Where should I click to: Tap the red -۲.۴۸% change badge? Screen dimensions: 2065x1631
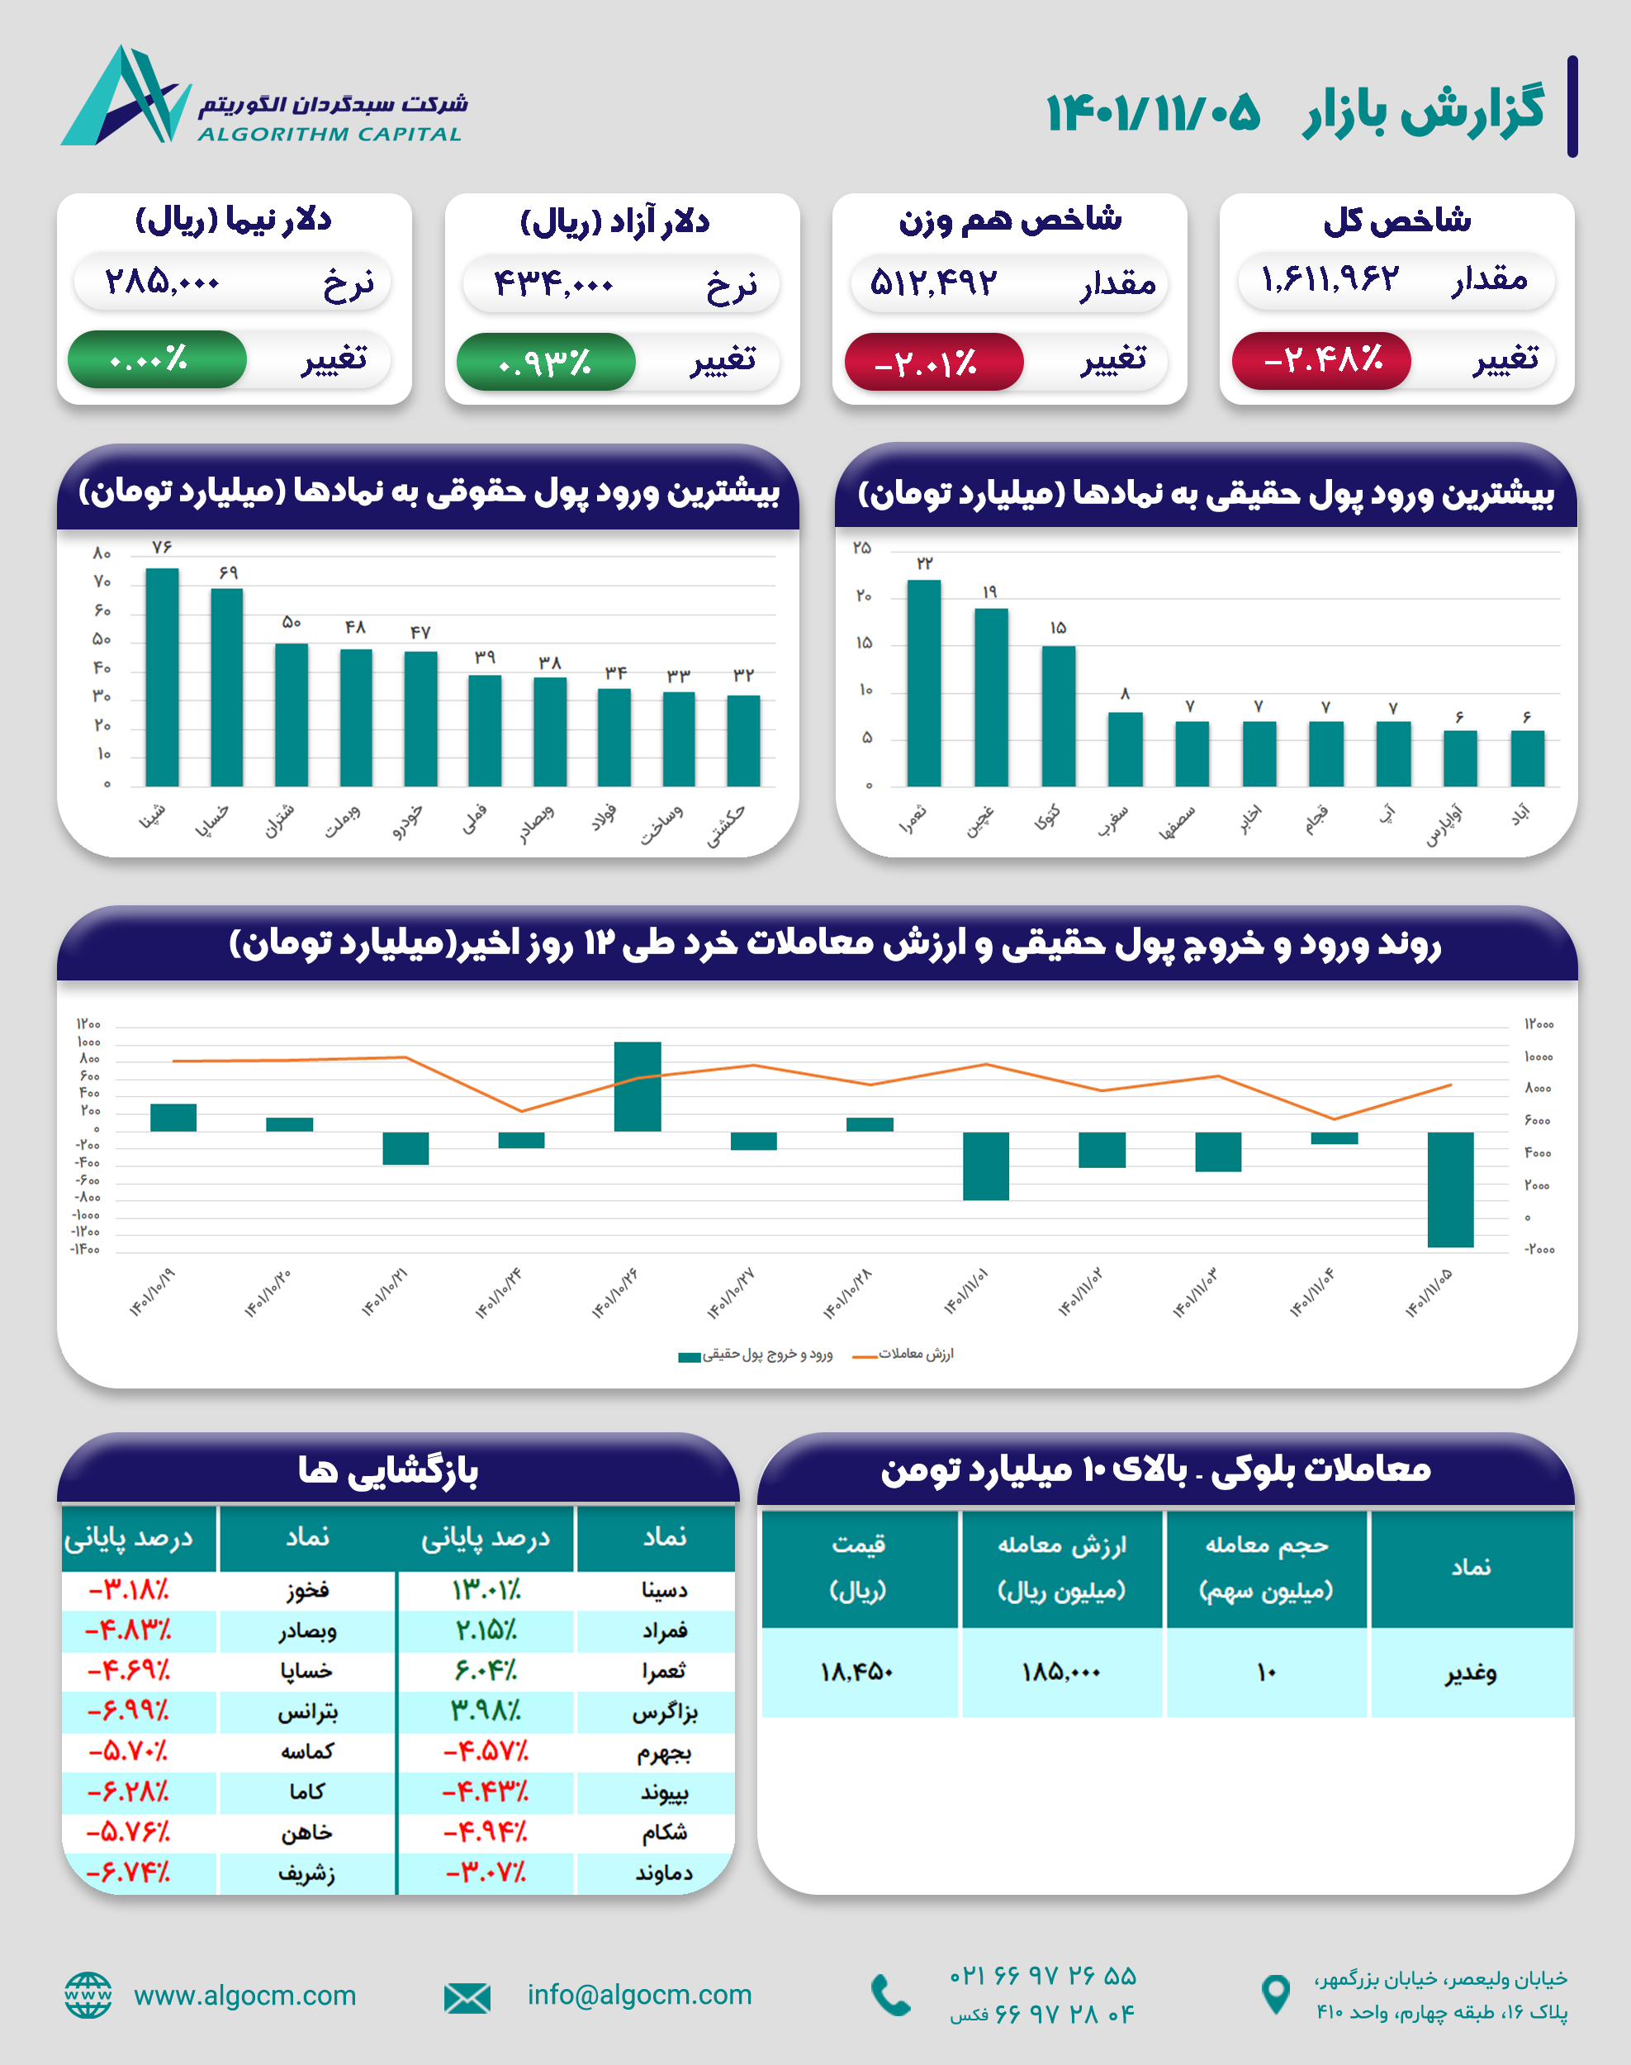pos(1320,360)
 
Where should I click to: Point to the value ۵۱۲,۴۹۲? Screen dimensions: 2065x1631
pos(933,282)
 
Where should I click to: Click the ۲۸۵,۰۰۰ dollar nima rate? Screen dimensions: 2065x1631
pos(163,282)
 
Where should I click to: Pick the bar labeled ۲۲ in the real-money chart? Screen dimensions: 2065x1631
pos(923,682)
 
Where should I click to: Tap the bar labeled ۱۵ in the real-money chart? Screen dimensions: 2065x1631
pos(1058,715)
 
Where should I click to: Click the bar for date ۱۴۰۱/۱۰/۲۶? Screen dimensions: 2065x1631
pos(637,1086)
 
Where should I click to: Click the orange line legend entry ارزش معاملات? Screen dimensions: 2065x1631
pos(903,1355)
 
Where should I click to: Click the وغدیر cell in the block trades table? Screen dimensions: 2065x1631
pos(1471,1673)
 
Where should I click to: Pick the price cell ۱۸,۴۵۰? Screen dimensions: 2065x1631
pos(856,1673)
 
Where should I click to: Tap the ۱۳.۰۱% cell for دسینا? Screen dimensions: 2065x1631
pos(486,1590)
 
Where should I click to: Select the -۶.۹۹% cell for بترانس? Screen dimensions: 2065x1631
pos(129,1711)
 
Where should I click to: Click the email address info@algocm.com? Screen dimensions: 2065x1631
pos(639,1994)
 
